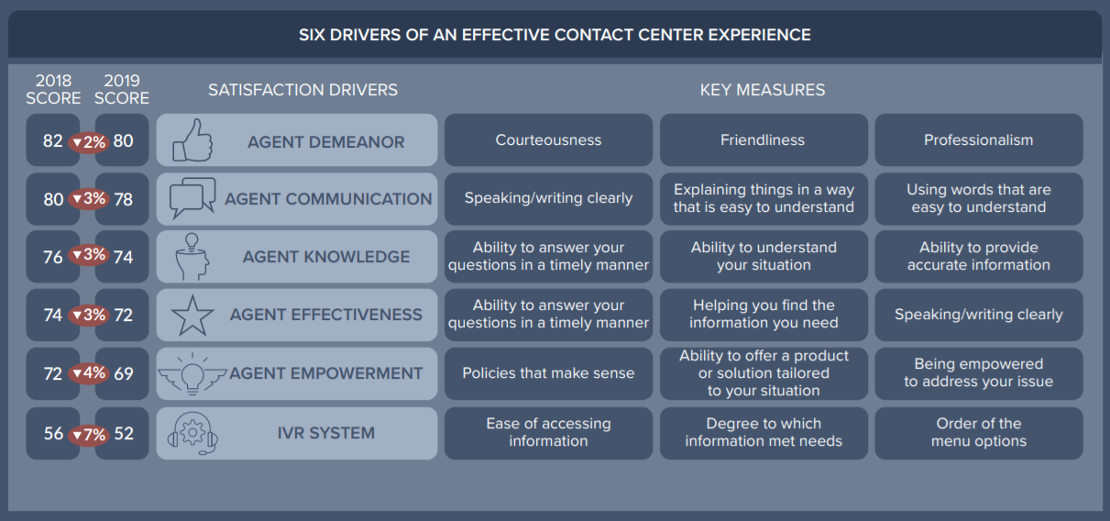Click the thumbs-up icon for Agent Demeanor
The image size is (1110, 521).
pyautogui.click(x=192, y=140)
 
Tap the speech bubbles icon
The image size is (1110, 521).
pyautogui.click(x=192, y=198)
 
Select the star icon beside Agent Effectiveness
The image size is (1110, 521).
pyautogui.click(x=192, y=316)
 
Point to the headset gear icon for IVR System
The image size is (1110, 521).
pyautogui.click(x=192, y=433)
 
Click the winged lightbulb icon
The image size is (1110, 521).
pyautogui.click(x=192, y=373)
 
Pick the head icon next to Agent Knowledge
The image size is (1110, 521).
pyautogui.click(x=192, y=257)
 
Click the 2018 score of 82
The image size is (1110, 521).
pyautogui.click(x=53, y=141)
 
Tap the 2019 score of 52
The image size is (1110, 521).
pyautogui.click(x=124, y=434)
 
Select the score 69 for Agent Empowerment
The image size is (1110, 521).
pyautogui.click(x=124, y=374)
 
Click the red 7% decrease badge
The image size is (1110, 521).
pyautogui.click(x=89, y=435)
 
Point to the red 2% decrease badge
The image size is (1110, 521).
pyautogui.click(x=89, y=142)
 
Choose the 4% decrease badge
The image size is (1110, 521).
pyautogui.click(x=89, y=374)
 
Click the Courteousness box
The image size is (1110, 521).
pyautogui.click(x=548, y=140)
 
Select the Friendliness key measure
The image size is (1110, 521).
pyautogui.click(x=763, y=140)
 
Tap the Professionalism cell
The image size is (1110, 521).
pyautogui.click(x=978, y=140)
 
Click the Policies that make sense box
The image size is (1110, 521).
pyautogui.click(x=548, y=373)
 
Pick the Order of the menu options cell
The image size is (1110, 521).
pyautogui.click(x=978, y=433)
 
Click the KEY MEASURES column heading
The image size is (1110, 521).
pyautogui.click(x=763, y=90)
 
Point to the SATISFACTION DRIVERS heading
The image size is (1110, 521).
pyautogui.click(x=302, y=90)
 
